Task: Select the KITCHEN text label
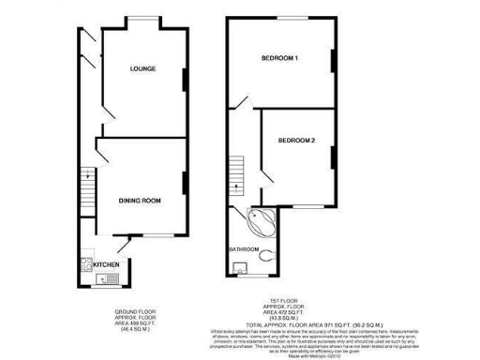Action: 107,265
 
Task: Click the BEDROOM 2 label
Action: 295,141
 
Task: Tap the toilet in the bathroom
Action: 270,255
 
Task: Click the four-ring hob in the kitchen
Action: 85,263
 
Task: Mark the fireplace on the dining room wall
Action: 183,184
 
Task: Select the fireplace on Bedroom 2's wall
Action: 333,151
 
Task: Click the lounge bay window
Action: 143,20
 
